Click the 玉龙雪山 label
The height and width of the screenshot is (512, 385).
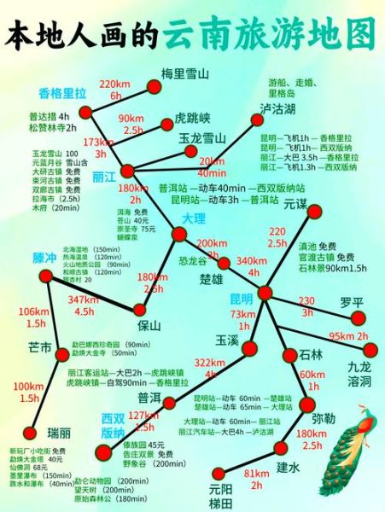201,138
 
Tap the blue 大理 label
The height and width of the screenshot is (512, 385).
195,219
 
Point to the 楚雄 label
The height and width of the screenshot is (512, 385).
210,279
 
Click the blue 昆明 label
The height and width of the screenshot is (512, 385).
242,300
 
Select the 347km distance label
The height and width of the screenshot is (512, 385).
84,299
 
